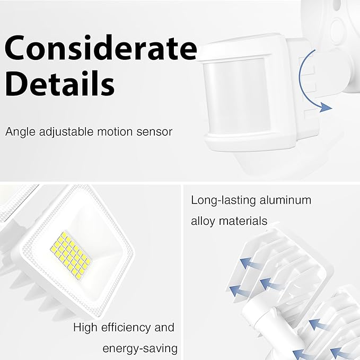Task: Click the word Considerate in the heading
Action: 100,48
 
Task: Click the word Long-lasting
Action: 223,201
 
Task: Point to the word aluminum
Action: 286,200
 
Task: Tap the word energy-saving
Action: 140,349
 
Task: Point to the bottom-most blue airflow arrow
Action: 301,354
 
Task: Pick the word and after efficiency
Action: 164,328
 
